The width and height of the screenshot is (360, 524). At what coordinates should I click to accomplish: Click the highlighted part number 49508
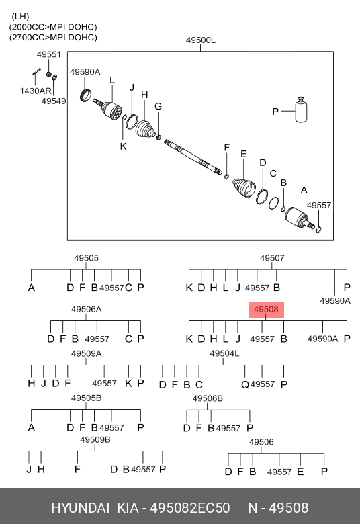(x=266, y=310)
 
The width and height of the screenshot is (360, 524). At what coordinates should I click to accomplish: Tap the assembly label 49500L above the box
(x=201, y=40)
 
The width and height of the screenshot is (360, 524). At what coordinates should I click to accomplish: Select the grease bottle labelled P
(x=301, y=110)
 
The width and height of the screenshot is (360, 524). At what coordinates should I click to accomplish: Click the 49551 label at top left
(x=49, y=54)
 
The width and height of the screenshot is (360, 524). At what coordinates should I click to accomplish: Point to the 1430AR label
(x=36, y=91)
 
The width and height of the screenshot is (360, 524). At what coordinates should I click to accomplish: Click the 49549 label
(x=54, y=101)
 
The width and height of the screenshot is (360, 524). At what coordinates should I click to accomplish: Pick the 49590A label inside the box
(x=85, y=72)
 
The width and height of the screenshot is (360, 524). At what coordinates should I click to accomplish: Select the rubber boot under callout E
(x=244, y=187)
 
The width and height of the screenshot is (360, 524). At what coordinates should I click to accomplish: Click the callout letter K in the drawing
(x=124, y=146)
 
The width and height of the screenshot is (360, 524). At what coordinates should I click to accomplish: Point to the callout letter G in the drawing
(x=158, y=106)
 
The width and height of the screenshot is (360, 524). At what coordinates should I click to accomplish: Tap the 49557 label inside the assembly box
(x=319, y=205)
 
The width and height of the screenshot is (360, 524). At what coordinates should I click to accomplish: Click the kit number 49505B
(x=86, y=398)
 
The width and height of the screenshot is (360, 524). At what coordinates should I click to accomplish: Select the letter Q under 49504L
(x=245, y=385)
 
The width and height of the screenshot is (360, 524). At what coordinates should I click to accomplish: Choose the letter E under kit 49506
(x=300, y=472)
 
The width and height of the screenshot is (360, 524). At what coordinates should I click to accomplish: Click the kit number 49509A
(x=86, y=353)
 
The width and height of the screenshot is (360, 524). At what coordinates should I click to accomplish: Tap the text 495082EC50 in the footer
(x=189, y=508)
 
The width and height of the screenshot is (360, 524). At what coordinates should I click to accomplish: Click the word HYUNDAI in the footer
(x=80, y=508)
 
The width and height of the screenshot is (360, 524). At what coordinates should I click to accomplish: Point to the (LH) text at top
(x=20, y=16)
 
